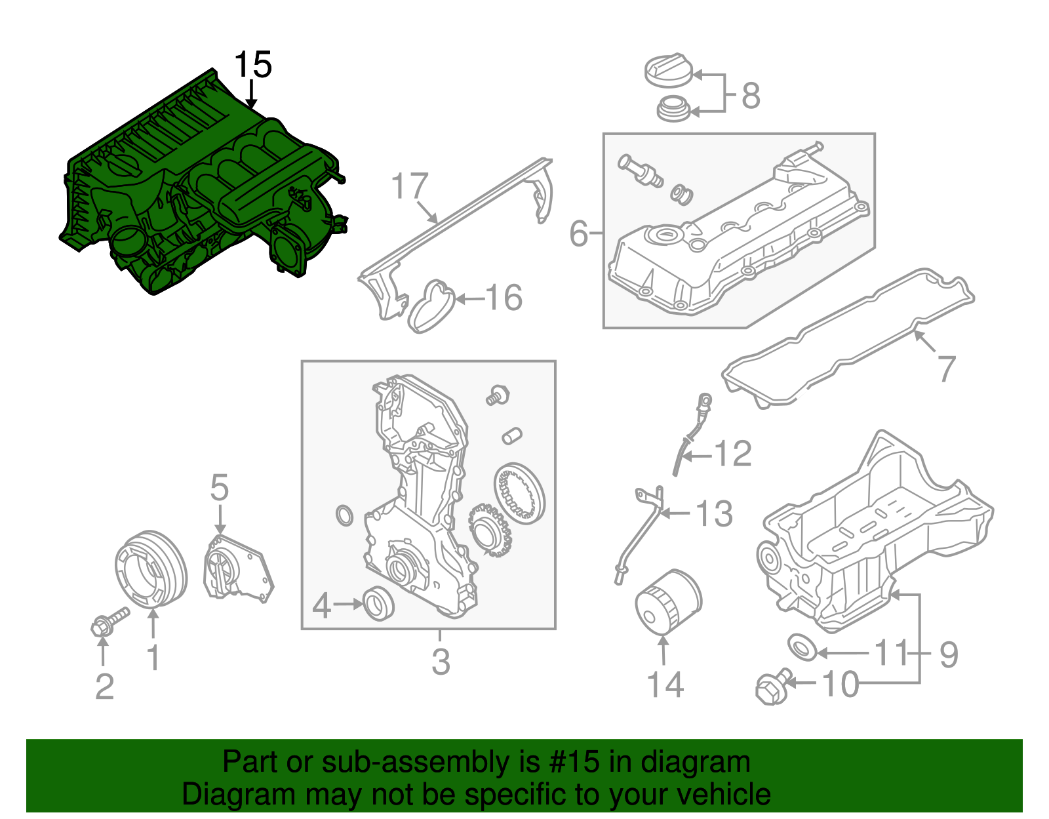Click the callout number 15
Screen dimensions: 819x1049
click(252, 65)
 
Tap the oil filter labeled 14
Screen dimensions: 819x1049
click(667, 601)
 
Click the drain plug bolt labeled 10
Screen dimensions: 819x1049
click(772, 688)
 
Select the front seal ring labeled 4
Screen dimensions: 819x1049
click(379, 603)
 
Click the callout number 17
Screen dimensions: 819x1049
click(410, 186)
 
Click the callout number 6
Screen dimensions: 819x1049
click(578, 233)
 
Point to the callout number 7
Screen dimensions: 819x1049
click(946, 368)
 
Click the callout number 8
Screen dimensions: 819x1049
click(751, 96)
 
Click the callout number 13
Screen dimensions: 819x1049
click(714, 513)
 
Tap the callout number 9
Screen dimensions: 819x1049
click(948, 654)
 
